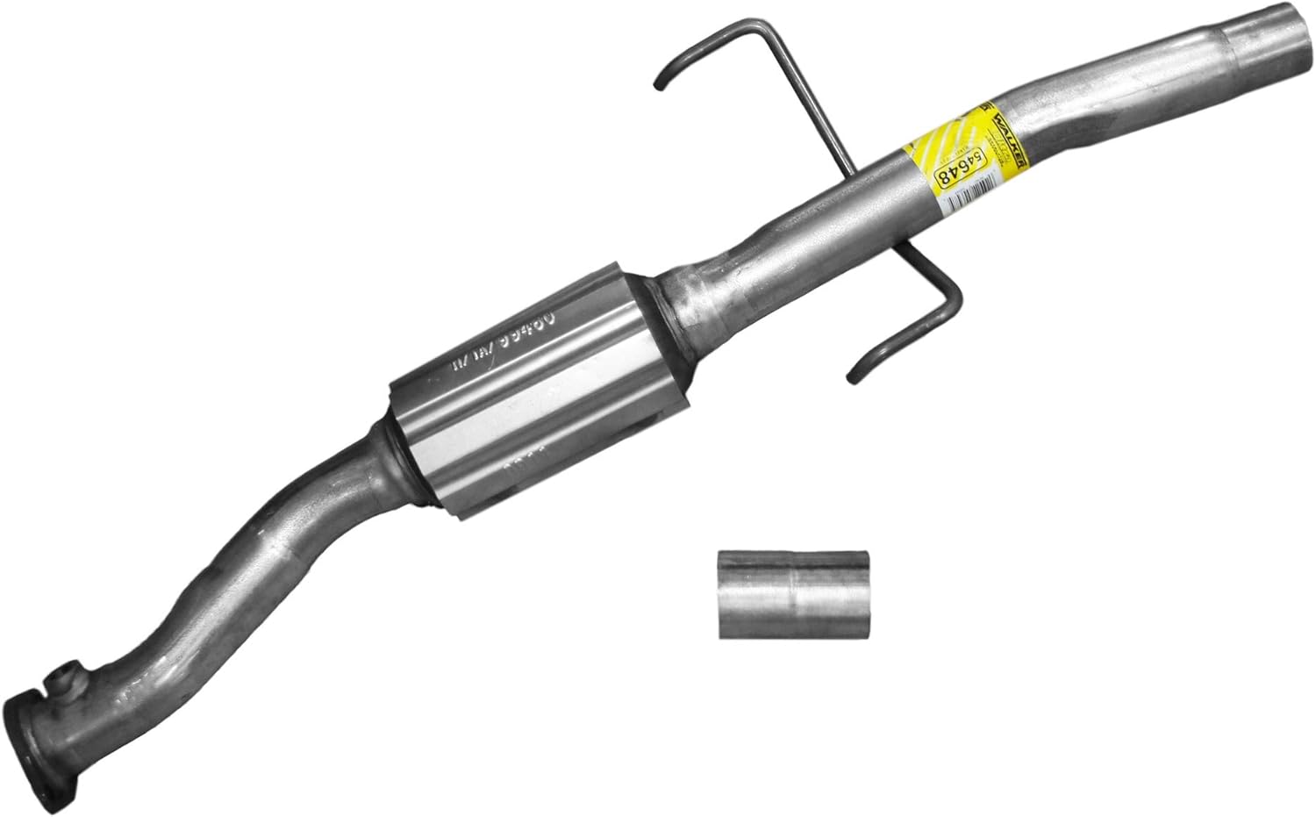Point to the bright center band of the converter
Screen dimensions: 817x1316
pyautogui.click(x=526, y=395)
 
